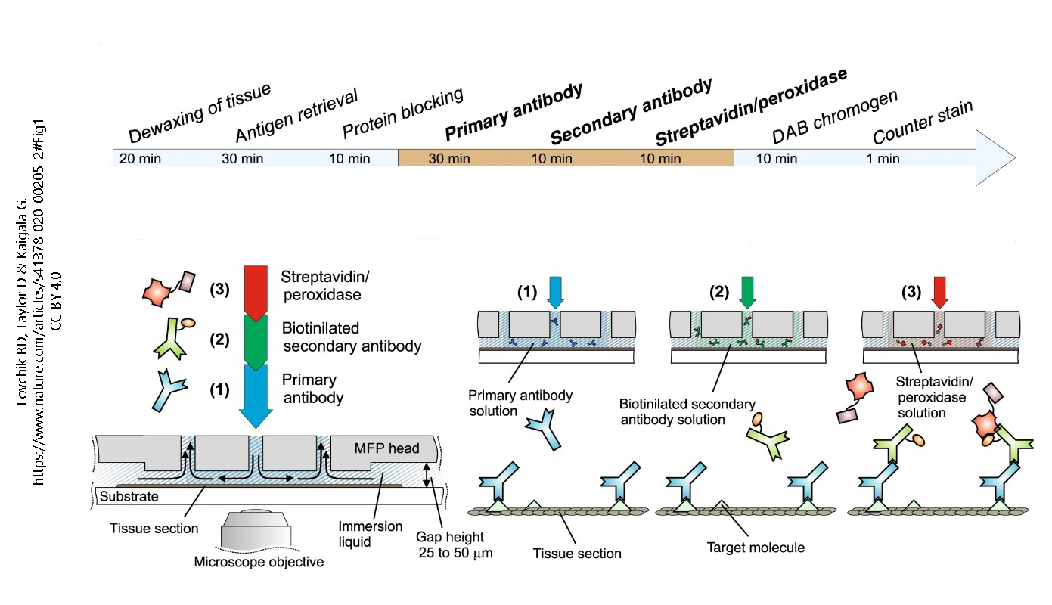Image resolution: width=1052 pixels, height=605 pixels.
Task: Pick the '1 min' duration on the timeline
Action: pos(883,159)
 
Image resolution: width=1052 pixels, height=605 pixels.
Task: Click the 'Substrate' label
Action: pos(129,497)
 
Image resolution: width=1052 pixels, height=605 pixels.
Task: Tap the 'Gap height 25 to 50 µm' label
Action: pos(455,544)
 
